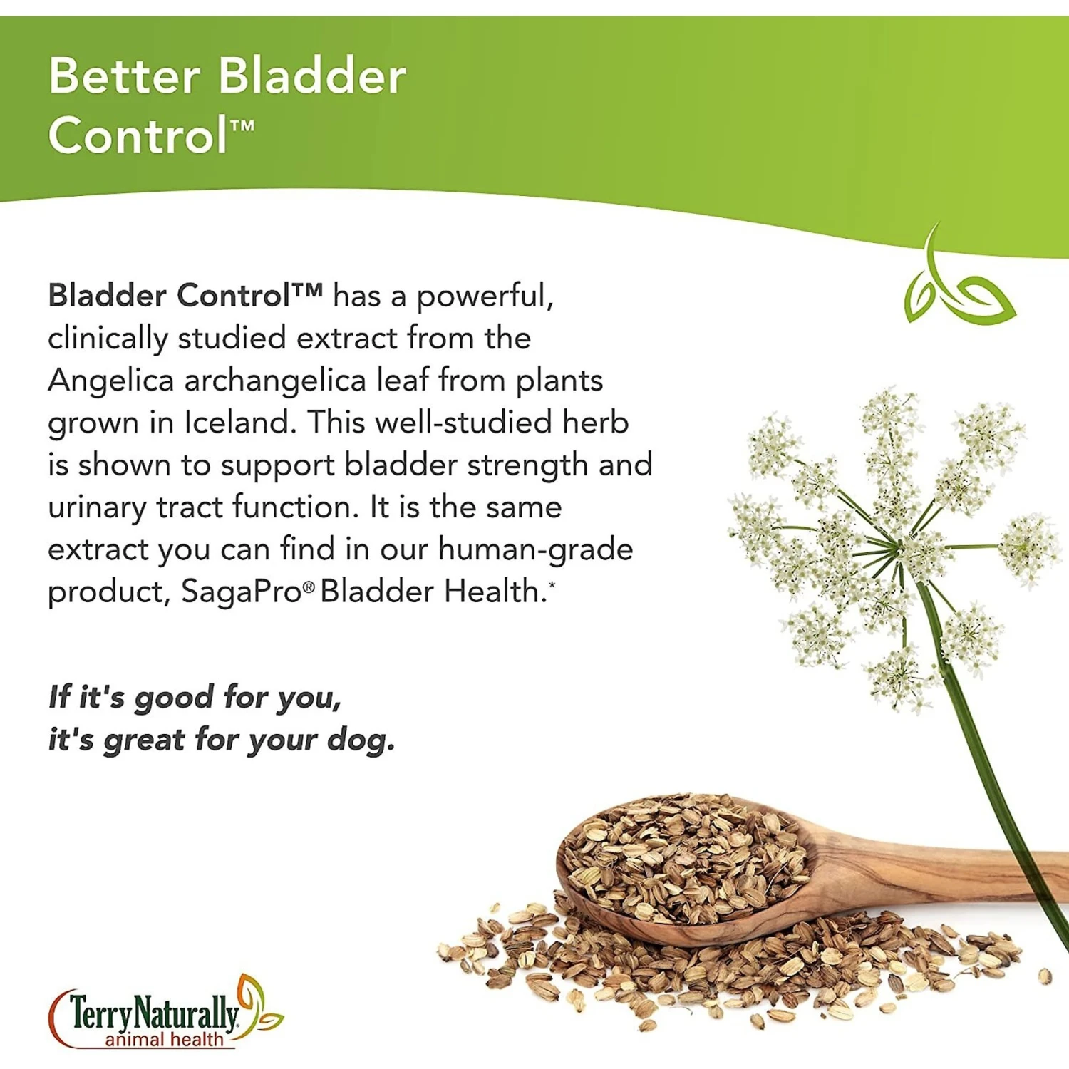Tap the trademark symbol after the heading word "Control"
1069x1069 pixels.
(242, 127)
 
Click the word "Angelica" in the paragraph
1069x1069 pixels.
(110, 381)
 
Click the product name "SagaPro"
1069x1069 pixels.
(241, 592)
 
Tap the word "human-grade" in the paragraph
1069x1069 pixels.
(535, 549)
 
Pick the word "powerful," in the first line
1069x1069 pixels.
(485, 296)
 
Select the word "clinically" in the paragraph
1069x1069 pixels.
(107, 339)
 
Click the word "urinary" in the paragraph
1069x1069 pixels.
(97, 508)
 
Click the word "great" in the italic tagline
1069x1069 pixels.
(145, 740)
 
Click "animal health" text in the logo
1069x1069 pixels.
(164, 1039)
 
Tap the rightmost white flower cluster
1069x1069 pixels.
(1028, 547)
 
